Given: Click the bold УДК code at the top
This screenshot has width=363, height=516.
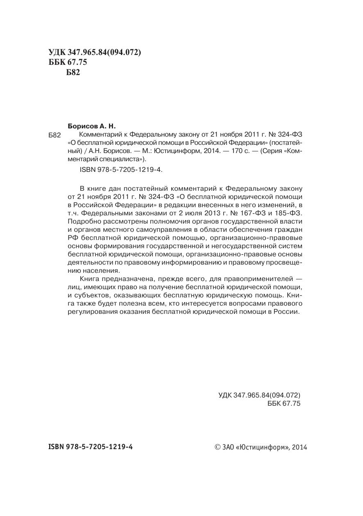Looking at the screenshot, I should tap(95, 52).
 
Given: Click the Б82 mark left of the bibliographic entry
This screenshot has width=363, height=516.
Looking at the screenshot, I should tap(54, 135).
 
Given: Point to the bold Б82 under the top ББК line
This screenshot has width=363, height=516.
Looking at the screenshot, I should tap(73, 73).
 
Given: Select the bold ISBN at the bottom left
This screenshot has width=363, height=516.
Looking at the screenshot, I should tap(91, 447).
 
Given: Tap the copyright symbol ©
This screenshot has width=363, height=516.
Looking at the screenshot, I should tap(218, 447).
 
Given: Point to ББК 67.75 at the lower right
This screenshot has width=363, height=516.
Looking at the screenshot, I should tap(284, 404).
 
